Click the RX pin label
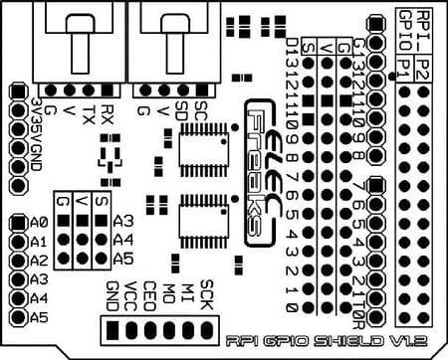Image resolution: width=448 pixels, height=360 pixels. [x=109, y=112]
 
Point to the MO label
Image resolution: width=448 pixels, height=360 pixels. [x=168, y=296]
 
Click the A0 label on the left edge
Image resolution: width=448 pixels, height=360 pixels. [x=40, y=222]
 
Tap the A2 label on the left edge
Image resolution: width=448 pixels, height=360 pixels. [x=40, y=261]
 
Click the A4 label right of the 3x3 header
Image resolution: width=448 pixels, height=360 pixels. [x=123, y=240]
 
